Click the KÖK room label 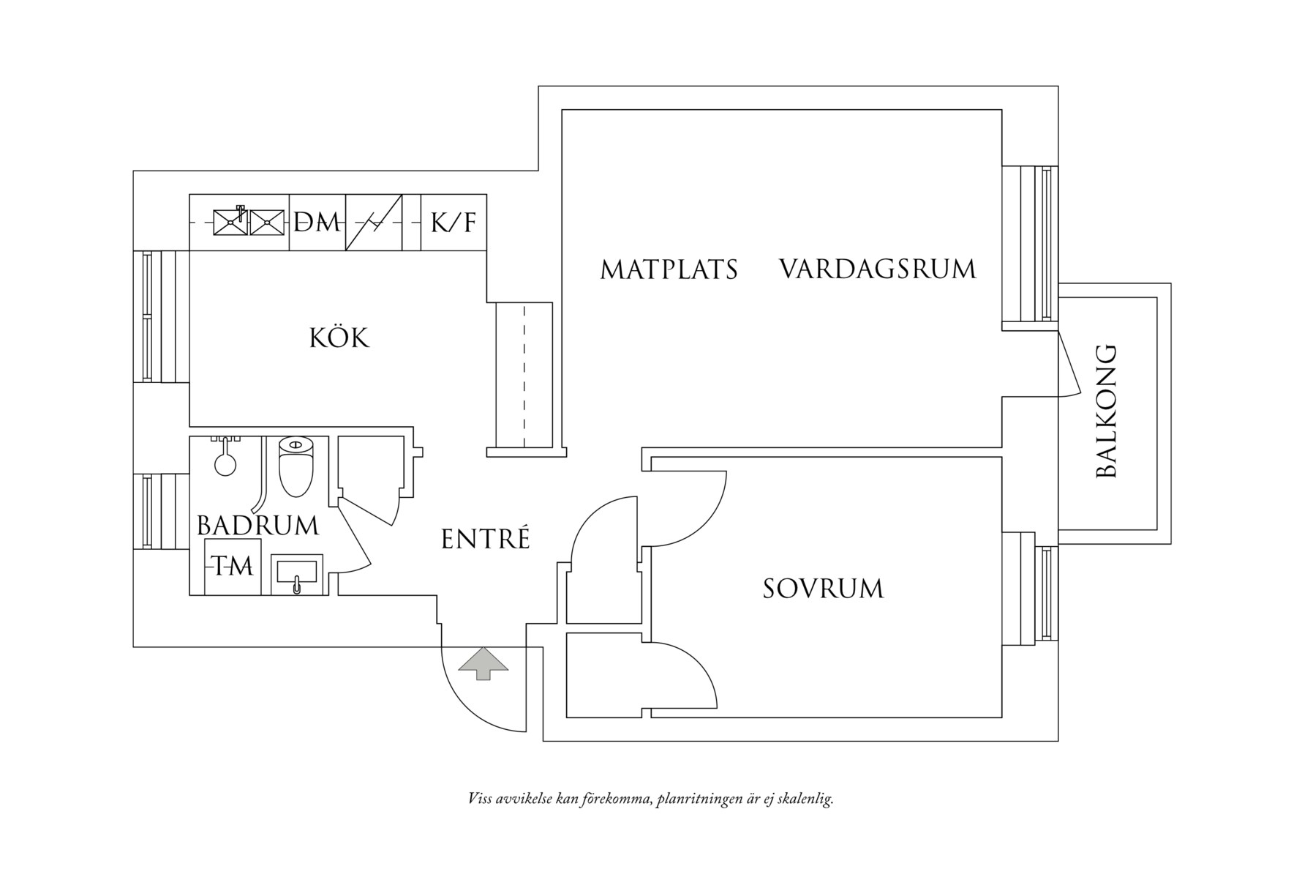(339, 337)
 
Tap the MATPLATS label (669, 269)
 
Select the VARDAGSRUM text (878, 269)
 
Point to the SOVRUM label (823, 589)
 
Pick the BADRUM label (258, 526)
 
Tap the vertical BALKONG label (1107, 411)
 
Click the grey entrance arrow (483, 663)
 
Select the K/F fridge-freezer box (454, 222)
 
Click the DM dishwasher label (317, 222)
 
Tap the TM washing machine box (233, 567)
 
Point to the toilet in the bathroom (296, 466)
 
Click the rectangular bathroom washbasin (296, 574)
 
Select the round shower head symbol (225, 463)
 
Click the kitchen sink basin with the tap (230, 222)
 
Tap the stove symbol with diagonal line (374, 222)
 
